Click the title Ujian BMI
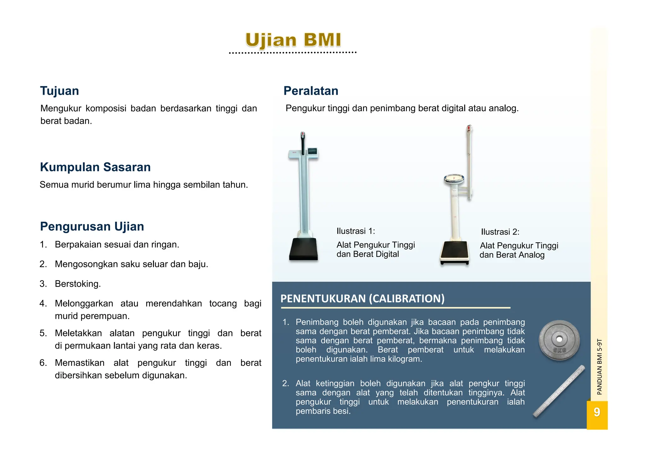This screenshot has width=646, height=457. [x=293, y=40]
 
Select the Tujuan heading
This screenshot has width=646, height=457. [x=59, y=91]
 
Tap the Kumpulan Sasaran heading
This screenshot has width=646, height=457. [x=95, y=167]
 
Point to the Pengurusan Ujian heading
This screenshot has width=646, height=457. [x=92, y=227]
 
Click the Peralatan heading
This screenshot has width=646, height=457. [x=311, y=91]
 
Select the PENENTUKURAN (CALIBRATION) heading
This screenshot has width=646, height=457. [x=362, y=299]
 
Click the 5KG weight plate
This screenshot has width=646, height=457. [x=559, y=340]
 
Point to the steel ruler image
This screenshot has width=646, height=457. [x=559, y=391]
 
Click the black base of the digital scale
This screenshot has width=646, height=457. [x=303, y=249]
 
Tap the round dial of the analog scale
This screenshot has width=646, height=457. [x=454, y=179]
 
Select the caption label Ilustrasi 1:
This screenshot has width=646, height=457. [x=355, y=231]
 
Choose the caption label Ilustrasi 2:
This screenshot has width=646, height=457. [x=500, y=232]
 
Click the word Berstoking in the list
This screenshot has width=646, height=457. [x=78, y=284]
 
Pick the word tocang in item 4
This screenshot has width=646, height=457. [x=223, y=304]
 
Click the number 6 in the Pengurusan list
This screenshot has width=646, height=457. [x=43, y=363]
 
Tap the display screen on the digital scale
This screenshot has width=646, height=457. [x=312, y=151]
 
